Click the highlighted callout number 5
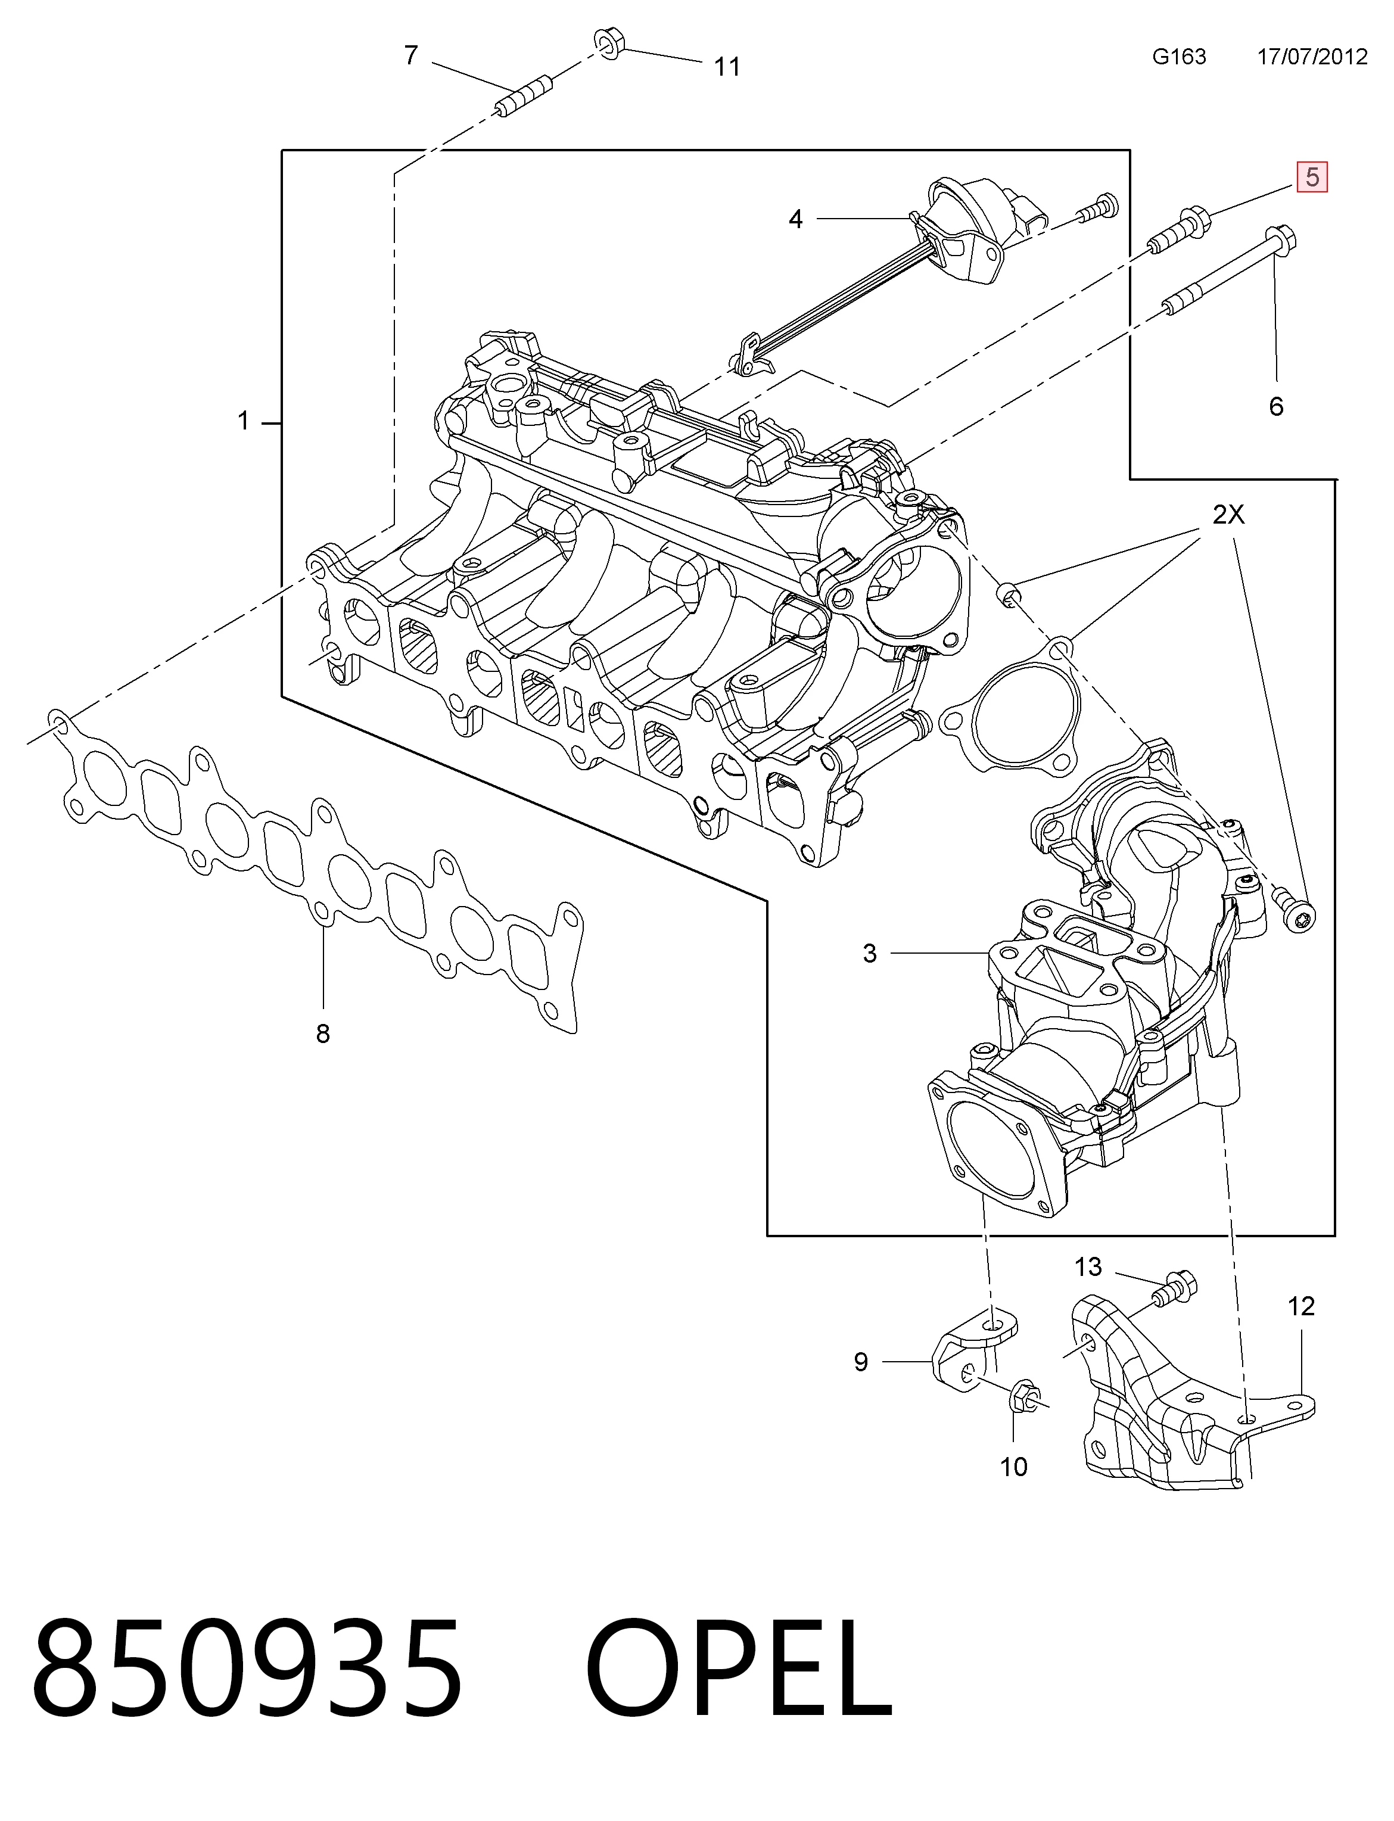[1312, 177]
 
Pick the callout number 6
[1276, 406]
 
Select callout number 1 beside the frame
[243, 421]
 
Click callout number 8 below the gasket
[323, 1034]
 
